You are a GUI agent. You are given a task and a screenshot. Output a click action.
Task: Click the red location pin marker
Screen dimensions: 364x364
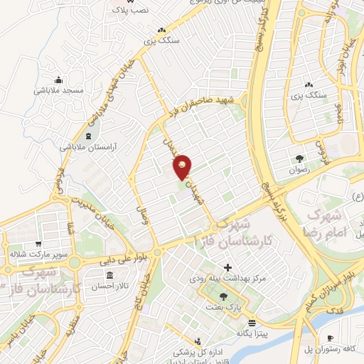click(x=183, y=166)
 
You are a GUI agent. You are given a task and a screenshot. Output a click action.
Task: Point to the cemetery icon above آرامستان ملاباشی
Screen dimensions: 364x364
click(x=88, y=134)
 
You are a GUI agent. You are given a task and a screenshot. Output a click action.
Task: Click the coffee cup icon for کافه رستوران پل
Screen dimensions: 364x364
click(x=330, y=338)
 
